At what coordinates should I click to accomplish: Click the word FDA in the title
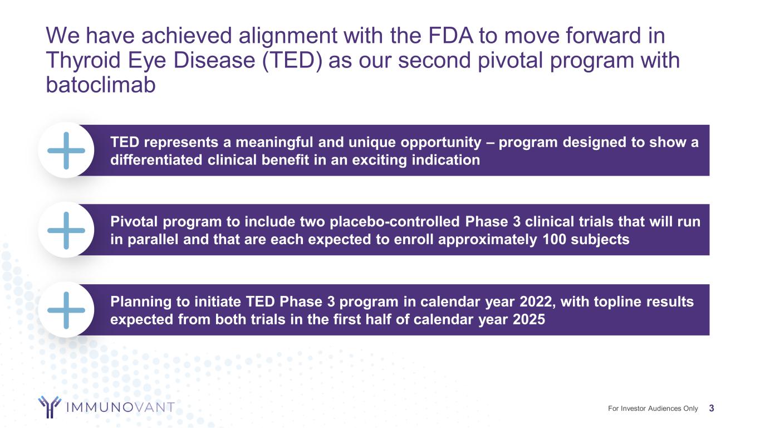pos(450,35)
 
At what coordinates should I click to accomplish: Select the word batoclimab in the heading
pos(101,84)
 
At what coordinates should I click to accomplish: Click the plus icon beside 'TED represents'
pos(66,150)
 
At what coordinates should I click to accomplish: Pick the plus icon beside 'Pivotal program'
pos(66,230)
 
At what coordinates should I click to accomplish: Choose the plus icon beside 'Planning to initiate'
pos(66,310)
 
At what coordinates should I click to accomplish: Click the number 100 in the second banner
pos(555,240)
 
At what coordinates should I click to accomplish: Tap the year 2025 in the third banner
pos(529,319)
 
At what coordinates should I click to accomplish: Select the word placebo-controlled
pos(395,222)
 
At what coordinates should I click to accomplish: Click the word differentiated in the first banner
pos(156,160)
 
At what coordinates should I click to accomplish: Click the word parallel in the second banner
pos(153,240)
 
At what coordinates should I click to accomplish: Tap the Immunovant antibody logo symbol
pos(50,407)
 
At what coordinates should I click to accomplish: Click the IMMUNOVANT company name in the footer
pos(121,407)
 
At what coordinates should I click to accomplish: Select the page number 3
pos(712,408)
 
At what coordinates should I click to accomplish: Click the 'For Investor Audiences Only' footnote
pos(653,408)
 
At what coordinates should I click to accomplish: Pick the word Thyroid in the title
pos(83,60)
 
